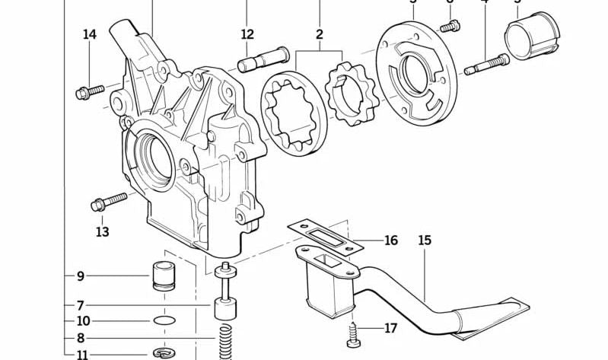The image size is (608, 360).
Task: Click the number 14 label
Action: (90, 34)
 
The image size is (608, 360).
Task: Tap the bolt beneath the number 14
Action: (89, 92)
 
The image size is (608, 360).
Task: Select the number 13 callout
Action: (102, 231)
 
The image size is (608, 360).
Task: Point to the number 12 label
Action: (247, 34)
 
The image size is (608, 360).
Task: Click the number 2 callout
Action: (320, 34)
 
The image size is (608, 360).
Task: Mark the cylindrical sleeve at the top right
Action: (533, 34)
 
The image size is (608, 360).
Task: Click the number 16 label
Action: (390, 241)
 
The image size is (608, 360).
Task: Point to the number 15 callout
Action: (425, 241)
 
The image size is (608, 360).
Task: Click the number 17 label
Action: (390, 329)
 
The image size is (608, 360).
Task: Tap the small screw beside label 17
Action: (355, 333)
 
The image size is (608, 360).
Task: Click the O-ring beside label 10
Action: (162, 320)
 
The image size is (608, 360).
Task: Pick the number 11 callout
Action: (81, 354)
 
